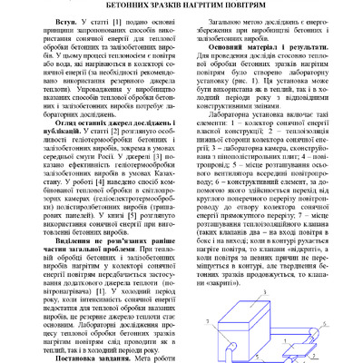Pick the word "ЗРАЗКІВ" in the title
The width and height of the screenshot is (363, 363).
pos(166,5)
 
